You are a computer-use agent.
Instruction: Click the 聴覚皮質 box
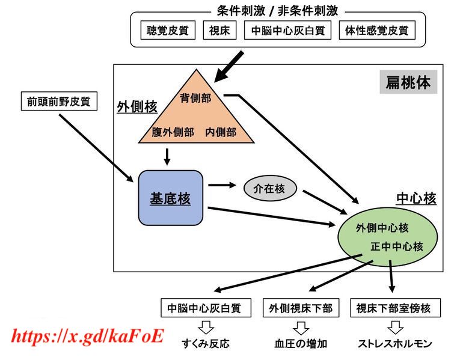pos(168,30)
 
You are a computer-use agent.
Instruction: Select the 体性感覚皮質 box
pos(377,30)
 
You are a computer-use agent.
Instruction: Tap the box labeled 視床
pos(219,30)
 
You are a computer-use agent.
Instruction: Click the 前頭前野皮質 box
pos(59,102)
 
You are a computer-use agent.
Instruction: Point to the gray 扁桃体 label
pos(408,82)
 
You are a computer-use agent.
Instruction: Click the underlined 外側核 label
pos(136,107)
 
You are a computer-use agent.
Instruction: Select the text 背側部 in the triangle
pos(195,98)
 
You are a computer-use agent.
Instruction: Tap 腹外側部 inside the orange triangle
pos(173,132)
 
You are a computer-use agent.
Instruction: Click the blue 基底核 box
pos(171,198)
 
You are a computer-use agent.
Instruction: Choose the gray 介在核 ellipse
pos(270,188)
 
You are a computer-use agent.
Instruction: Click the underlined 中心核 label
pos(416,198)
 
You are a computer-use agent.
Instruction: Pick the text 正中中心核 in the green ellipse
pos(397,246)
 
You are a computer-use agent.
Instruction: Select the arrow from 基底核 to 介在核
pos(222,185)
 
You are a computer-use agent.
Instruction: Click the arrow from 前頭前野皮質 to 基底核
pos(96,148)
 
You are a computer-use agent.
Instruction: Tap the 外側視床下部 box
pos(301,308)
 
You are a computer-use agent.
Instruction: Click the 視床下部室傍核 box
pos(395,308)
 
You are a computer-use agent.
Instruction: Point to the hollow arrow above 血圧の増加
pos(301,328)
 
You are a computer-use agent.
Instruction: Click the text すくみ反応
pos(206,343)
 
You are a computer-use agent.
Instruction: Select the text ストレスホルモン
pos(395,343)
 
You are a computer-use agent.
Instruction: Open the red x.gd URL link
pos(87,336)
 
